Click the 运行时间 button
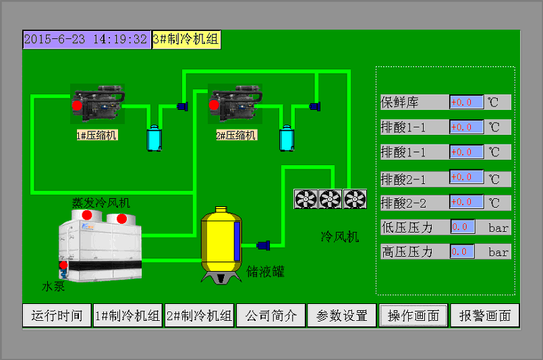pyautogui.click(x=57, y=316)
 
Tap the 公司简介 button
pyautogui.click(x=270, y=316)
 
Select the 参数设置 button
pyautogui.click(x=342, y=316)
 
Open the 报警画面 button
pyautogui.click(x=485, y=316)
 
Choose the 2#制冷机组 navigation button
pyautogui.click(x=200, y=316)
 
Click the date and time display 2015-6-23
pyautogui.click(x=86, y=40)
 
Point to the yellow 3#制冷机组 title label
pyautogui.click(x=186, y=40)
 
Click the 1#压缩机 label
pyautogui.click(x=97, y=135)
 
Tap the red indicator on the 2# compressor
pyautogui.click(x=214, y=104)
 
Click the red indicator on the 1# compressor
pyautogui.click(x=77, y=105)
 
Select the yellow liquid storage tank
pyautogui.click(x=221, y=245)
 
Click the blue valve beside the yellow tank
pyautogui.click(x=263, y=245)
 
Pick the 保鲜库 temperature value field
pyautogui.click(x=467, y=102)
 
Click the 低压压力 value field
pyautogui.click(x=463, y=227)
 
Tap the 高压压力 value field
pyautogui.click(x=462, y=251)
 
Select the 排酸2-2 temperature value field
pyautogui.click(x=467, y=202)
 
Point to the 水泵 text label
pyautogui.click(x=53, y=287)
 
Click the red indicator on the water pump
pyautogui.click(x=63, y=265)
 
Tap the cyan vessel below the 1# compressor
pyautogui.click(x=154, y=138)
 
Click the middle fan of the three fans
pyautogui.click(x=330, y=199)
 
